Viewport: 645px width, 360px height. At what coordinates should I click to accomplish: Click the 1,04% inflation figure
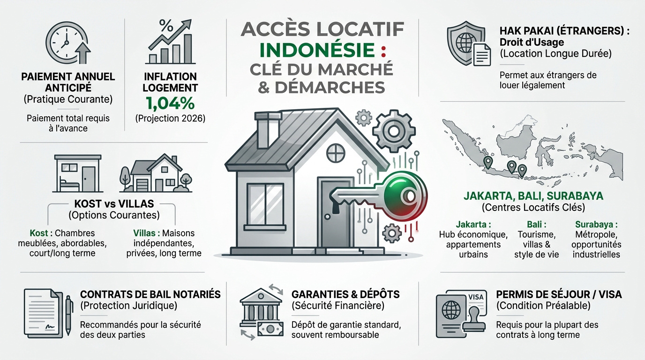pos(170,104)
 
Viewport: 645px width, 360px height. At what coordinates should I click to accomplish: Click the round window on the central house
pos(336,153)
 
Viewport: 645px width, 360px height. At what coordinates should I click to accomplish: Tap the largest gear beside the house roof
pos(393,131)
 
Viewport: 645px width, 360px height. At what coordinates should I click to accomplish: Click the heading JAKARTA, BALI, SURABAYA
pos(533,196)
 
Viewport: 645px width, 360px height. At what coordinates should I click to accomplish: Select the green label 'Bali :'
pos(536,225)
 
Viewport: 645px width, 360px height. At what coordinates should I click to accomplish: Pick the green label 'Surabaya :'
pos(596,225)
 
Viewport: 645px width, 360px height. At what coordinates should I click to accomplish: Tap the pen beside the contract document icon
pos(68,315)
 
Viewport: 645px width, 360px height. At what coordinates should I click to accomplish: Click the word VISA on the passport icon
pos(476,297)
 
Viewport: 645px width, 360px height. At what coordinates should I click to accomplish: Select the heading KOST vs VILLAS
pos(114,204)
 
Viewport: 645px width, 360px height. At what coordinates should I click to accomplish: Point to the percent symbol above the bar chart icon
pos(166,25)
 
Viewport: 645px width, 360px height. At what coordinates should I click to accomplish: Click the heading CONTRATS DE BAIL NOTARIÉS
pos(150,294)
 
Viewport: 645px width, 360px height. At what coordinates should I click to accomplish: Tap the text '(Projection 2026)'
pos(170,119)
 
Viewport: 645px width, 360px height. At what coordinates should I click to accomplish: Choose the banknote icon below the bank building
pos(270,329)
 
